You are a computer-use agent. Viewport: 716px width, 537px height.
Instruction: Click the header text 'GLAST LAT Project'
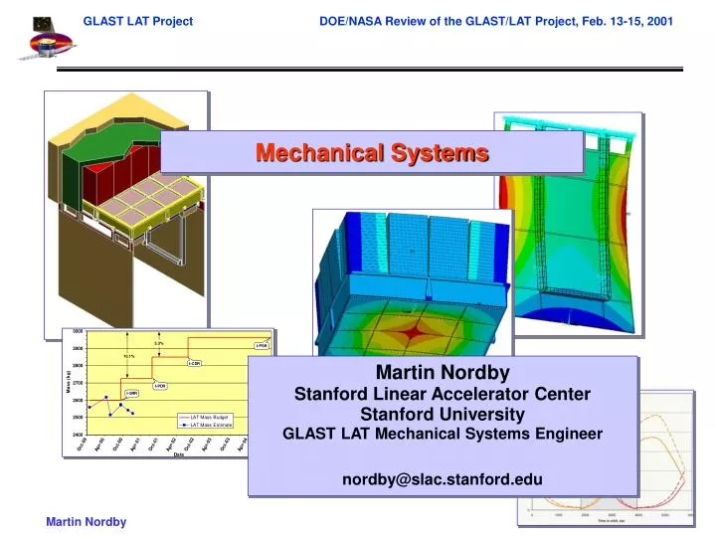click(x=137, y=20)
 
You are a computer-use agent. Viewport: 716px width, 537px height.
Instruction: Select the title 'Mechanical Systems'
click(x=372, y=153)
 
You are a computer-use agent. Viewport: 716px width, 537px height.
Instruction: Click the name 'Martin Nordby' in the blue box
click(x=443, y=373)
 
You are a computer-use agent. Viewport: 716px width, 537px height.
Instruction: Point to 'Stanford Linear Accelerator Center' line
click(x=443, y=394)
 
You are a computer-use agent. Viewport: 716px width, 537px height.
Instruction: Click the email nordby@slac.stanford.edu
click(x=443, y=479)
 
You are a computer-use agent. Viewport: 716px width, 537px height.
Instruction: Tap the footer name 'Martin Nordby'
click(x=87, y=523)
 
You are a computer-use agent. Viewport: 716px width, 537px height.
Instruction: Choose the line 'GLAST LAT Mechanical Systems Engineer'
click(x=443, y=434)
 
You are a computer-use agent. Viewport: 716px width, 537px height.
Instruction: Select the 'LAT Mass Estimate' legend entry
click(x=205, y=425)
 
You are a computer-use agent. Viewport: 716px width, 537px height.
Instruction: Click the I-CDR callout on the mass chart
click(x=195, y=364)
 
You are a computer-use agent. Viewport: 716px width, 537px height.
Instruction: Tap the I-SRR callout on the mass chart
click(x=131, y=394)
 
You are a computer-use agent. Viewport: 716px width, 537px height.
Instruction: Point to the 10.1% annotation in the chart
click(x=129, y=356)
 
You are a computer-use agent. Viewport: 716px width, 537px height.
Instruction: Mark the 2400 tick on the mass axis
click(x=78, y=435)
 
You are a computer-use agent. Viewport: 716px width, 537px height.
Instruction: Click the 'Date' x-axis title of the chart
click(x=179, y=455)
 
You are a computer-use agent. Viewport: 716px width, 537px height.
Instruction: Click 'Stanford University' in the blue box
click(x=443, y=414)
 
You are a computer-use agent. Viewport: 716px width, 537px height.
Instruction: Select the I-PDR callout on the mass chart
click(x=160, y=385)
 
